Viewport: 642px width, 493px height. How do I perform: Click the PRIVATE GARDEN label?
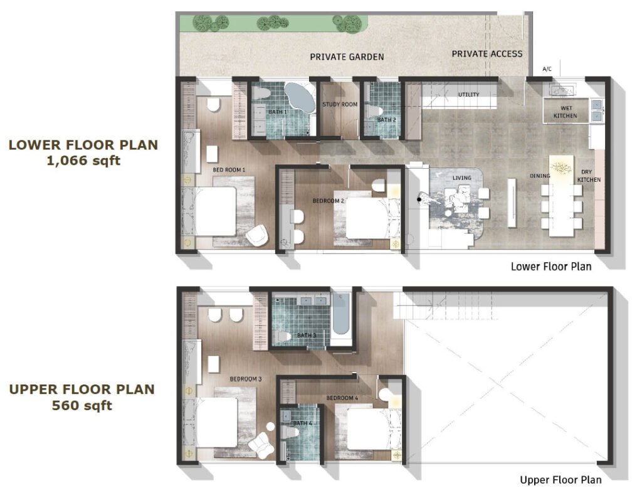pyautogui.click(x=347, y=57)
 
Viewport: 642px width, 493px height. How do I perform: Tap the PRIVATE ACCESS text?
pyautogui.click(x=487, y=54)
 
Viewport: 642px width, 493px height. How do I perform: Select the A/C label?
pyautogui.click(x=547, y=69)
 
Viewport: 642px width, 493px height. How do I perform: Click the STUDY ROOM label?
pyautogui.click(x=340, y=104)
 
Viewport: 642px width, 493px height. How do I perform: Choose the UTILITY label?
pyautogui.click(x=469, y=95)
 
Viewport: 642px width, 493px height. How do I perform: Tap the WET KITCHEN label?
pyautogui.click(x=566, y=112)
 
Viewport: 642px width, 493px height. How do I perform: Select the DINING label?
pyautogui.click(x=540, y=176)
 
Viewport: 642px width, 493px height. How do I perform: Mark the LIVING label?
pyautogui.click(x=462, y=178)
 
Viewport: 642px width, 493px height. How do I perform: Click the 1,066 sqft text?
pyautogui.click(x=83, y=161)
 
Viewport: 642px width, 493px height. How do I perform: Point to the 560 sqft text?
pyautogui.click(x=82, y=405)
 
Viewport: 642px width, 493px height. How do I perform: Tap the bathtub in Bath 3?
pyautogui.click(x=340, y=314)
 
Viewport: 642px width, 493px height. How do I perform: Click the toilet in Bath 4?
pyautogui.click(x=290, y=432)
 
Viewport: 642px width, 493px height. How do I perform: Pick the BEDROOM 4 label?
pyautogui.click(x=342, y=398)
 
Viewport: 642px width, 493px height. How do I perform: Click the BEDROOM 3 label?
pyautogui.click(x=246, y=379)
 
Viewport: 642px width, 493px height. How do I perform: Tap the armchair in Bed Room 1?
pyautogui.click(x=257, y=235)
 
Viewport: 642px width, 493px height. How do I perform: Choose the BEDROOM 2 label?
pyautogui.click(x=329, y=201)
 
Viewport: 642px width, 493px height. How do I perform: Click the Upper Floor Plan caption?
pyautogui.click(x=561, y=480)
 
